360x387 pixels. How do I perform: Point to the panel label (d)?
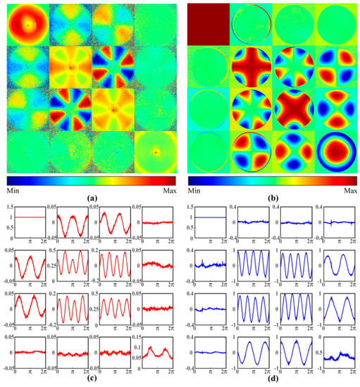(x=272, y=381)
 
